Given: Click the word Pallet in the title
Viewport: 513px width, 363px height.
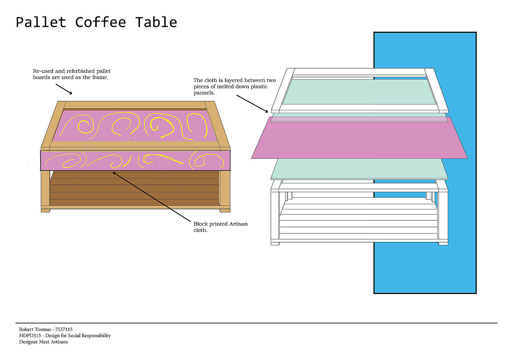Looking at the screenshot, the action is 41,22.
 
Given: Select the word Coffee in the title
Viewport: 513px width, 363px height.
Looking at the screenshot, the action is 100,22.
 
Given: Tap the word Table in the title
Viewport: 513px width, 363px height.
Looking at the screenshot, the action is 156,22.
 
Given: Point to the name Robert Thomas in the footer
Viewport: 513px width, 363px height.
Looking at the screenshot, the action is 35,329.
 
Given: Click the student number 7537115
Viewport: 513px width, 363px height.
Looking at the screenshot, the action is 64,329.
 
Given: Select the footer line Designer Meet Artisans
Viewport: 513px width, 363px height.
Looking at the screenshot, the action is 44,342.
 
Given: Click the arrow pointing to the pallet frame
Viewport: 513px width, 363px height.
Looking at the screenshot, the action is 64,89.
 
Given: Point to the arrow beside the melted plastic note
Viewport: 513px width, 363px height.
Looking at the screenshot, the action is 252,104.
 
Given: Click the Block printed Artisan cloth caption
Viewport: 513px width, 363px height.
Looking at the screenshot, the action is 220,227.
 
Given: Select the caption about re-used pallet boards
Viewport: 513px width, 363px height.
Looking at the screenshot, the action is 71,74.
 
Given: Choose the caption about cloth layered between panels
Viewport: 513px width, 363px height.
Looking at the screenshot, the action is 235,87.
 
